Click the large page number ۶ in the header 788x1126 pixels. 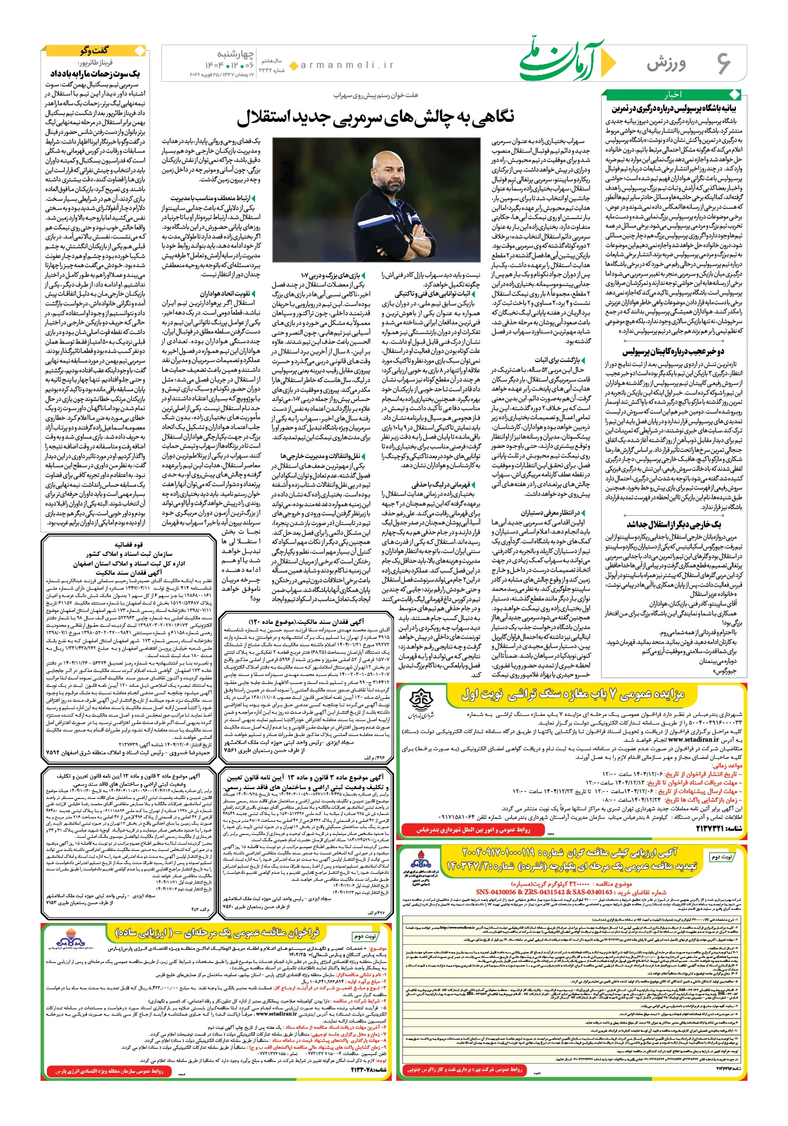[x=723, y=63]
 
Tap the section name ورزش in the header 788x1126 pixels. [x=666, y=63]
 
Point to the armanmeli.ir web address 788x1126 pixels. [x=347, y=65]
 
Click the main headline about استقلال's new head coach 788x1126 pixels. [x=375, y=117]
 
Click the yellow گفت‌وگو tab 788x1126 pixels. [x=94, y=50]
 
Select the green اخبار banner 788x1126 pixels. [x=673, y=94]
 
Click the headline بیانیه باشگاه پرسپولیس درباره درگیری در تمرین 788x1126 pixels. [x=674, y=108]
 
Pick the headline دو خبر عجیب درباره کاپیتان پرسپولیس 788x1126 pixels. [x=674, y=352]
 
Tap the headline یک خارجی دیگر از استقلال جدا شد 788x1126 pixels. [x=674, y=524]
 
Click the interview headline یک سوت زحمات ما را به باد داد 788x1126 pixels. [x=95, y=74]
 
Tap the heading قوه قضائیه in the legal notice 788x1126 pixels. [x=129, y=544]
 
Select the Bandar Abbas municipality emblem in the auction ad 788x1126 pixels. [x=421, y=702]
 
